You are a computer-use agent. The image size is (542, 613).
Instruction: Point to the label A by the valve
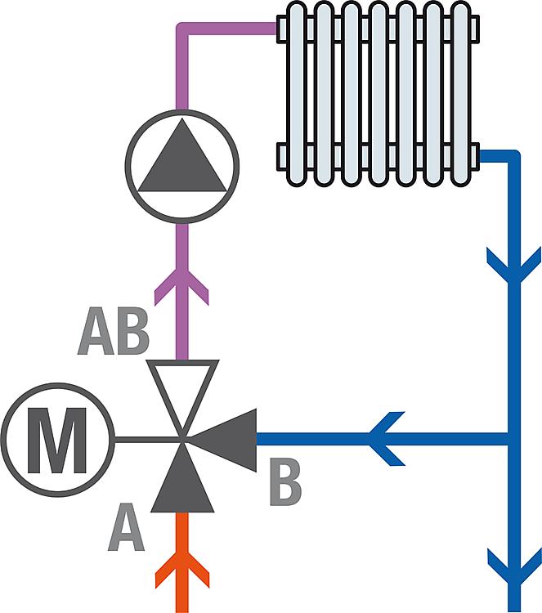[126, 527]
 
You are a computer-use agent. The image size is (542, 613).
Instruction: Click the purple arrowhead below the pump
[182, 285]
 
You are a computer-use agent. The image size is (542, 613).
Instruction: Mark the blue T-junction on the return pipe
[513, 440]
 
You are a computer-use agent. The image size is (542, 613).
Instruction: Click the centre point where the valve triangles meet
[182, 440]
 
